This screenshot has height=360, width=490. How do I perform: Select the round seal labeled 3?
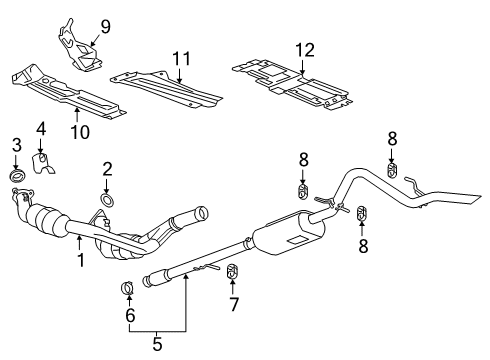16,177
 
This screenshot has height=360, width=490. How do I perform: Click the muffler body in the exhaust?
290,238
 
